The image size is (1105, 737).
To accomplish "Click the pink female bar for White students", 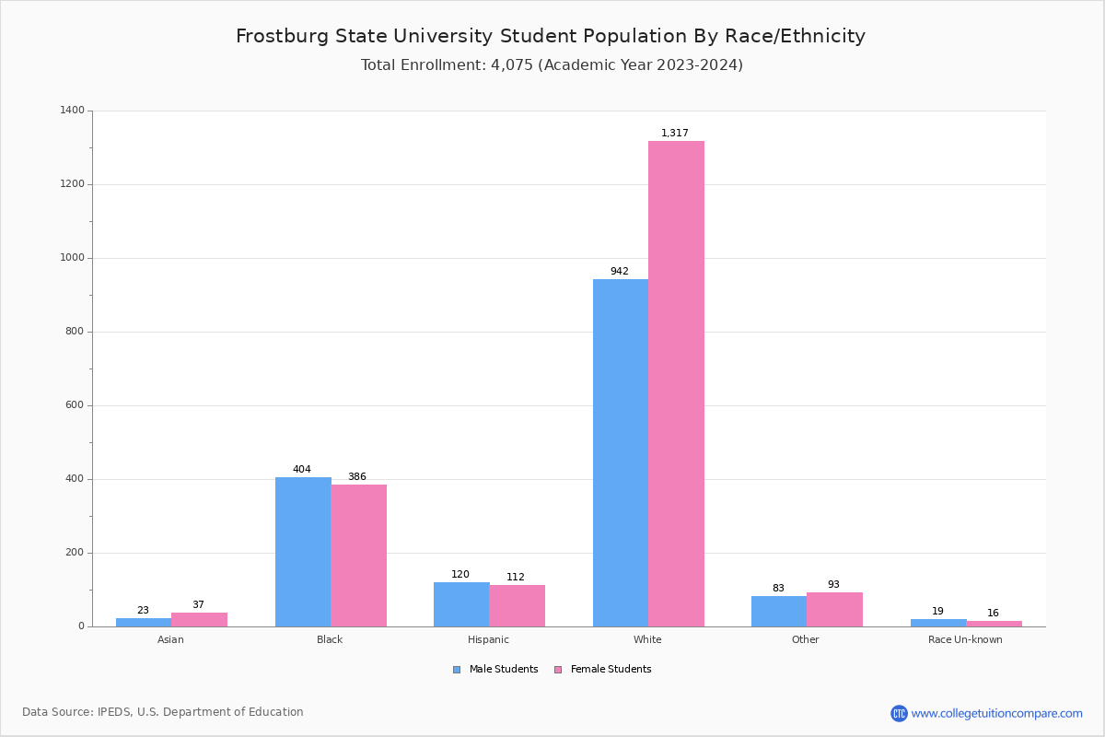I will pyautogui.click(x=676, y=383).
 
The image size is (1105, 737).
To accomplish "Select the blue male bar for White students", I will pyautogui.click(x=620, y=452).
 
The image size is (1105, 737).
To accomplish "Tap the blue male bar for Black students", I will pyautogui.click(x=303, y=552).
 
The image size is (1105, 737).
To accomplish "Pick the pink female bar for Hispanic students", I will pyautogui.click(x=517, y=605).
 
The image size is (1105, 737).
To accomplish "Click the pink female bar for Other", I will pyautogui.click(x=834, y=609).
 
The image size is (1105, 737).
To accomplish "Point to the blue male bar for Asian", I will pyautogui.click(x=144, y=622).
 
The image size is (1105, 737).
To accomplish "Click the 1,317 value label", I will pyautogui.click(x=674, y=134).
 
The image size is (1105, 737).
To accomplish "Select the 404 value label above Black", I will pyautogui.click(x=302, y=470).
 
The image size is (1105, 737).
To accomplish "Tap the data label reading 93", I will pyautogui.click(x=833, y=585).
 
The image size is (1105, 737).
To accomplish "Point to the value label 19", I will pyautogui.click(x=937, y=612).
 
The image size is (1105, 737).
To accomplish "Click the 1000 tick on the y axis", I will pyautogui.click(x=73, y=258).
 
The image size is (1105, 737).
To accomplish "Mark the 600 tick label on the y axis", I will pyautogui.click(x=75, y=405).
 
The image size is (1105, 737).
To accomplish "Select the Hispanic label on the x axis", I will pyautogui.click(x=488, y=639).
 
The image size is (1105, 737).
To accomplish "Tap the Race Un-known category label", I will pyautogui.click(x=965, y=639).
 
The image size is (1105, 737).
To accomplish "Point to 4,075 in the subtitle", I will pyautogui.click(x=511, y=65).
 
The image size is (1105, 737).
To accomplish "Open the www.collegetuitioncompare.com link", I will pyautogui.click(x=996, y=713).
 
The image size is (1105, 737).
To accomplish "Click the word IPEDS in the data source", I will pyautogui.click(x=113, y=712).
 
